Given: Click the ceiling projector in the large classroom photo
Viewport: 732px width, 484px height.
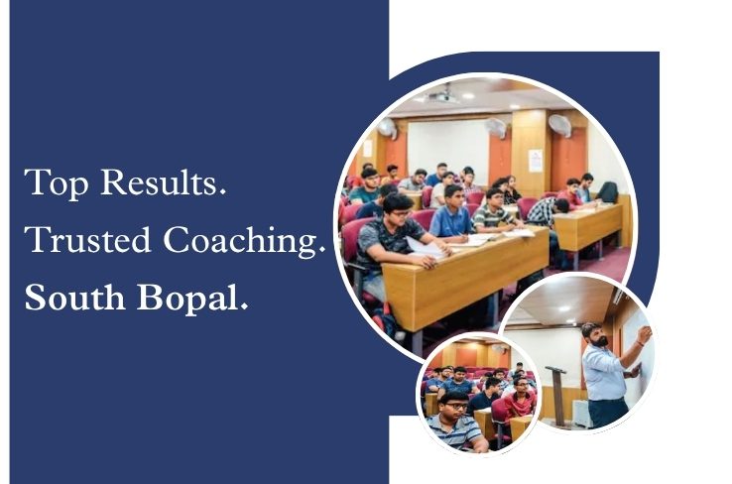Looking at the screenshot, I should click(x=443, y=96).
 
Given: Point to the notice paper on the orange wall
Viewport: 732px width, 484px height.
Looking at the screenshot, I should click(x=536, y=160).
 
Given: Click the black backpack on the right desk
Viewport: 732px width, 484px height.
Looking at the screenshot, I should click(x=607, y=191).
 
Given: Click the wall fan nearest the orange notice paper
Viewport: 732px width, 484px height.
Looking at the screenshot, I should click(x=560, y=125).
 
